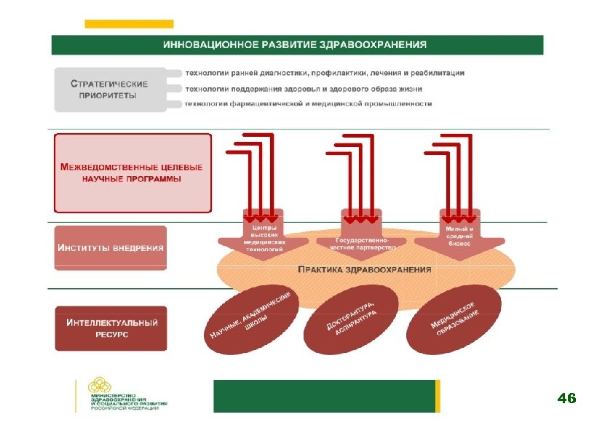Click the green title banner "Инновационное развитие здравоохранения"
297,44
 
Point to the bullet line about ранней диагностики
325,73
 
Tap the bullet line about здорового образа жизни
304,89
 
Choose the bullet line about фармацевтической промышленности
309,104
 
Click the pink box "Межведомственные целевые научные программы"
133,172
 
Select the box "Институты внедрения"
111,247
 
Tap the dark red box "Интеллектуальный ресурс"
111,327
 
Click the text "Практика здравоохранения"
365,269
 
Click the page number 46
566,398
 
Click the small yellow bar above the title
129,24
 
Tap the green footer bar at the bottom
323,396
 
